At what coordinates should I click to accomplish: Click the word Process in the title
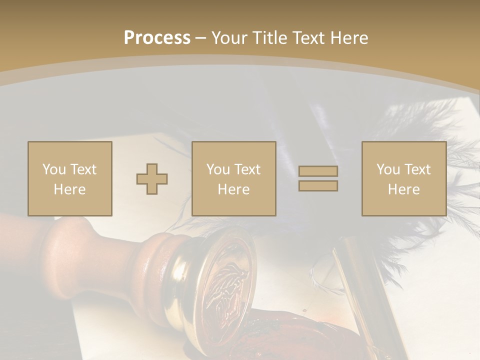click(x=157, y=38)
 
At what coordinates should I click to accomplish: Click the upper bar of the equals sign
click(x=318, y=171)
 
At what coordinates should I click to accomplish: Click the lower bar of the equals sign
click(x=318, y=186)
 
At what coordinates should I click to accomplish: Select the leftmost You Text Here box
click(x=69, y=178)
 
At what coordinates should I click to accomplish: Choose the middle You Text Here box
click(x=233, y=178)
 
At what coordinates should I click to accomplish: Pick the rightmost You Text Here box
click(x=403, y=178)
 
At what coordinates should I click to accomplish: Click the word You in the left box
click(x=53, y=169)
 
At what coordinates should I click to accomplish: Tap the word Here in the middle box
click(x=233, y=189)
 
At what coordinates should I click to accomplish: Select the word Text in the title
click(x=308, y=38)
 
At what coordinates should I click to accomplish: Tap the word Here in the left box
click(x=69, y=189)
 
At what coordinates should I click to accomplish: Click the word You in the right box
click(x=387, y=169)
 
